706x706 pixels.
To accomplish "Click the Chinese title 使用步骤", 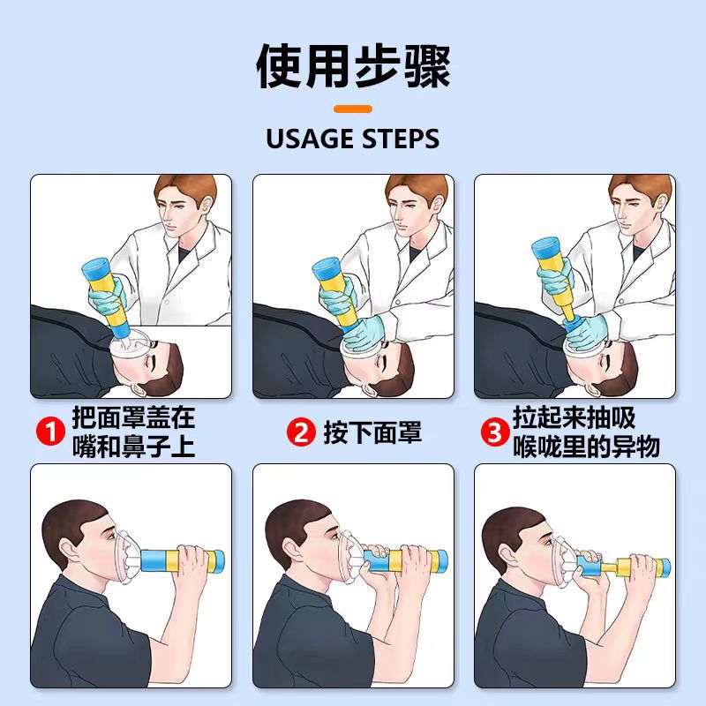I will [x=353, y=67].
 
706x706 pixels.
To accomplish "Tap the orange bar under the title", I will [x=353, y=109].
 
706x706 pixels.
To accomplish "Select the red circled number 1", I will [x=49, y=432].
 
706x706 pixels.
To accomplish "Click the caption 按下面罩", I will [x=372, y=432].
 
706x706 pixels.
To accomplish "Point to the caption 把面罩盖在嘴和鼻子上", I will [x=132, y=432].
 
